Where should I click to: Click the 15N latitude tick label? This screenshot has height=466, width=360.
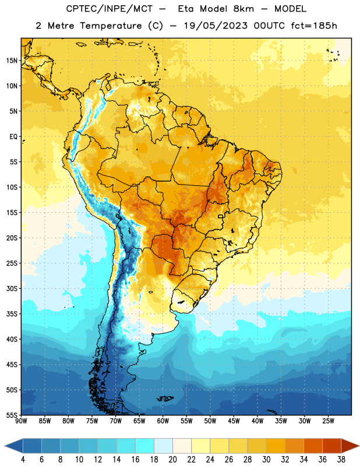(x=12, y=61)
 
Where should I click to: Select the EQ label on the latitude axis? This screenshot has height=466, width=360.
(x=13, y=137)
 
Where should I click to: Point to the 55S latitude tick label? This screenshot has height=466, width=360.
(x=12, y=415)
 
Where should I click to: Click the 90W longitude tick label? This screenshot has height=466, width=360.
(x=21, y=421)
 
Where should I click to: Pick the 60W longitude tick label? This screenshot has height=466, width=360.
(x=163, y=421)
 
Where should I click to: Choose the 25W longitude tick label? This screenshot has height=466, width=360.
(x=328, y=421)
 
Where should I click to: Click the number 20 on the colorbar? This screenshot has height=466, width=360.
(x=172, y=460)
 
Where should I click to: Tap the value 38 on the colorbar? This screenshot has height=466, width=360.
(x=341, y=460)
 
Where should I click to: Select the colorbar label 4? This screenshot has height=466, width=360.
(x=23, y=460)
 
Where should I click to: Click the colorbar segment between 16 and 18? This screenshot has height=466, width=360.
(x=145, y=446)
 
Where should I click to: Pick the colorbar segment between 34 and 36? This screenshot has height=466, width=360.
(x=313, y=446)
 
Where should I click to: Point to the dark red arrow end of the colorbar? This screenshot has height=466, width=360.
(x=350, y=446)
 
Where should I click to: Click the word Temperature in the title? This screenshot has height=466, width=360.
(x=111, y=26)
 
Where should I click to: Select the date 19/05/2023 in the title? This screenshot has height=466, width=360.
(x=216, y=26)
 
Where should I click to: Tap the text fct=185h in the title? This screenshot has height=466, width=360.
(x=314, y=26)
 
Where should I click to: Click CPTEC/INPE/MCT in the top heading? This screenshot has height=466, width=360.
(x=110, y=9)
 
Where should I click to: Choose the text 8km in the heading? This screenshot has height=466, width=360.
(x=243, y=9)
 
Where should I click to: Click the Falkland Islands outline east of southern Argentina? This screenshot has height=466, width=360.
(x=165, y=398)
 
